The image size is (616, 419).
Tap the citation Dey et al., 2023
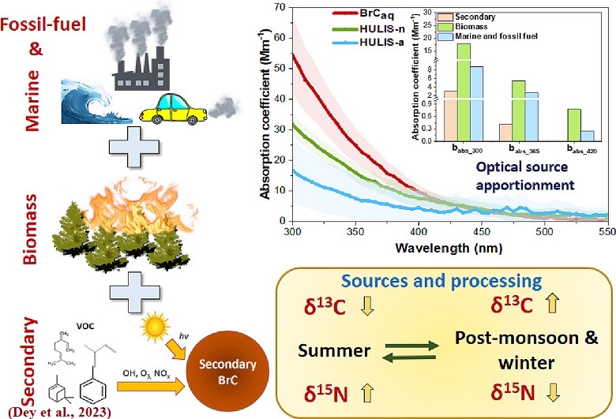tap(54, 410)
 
